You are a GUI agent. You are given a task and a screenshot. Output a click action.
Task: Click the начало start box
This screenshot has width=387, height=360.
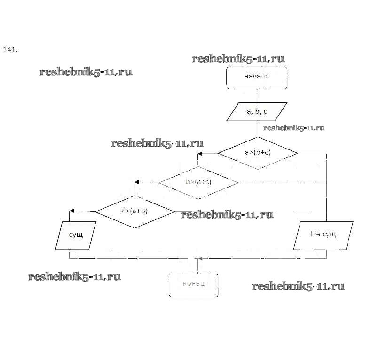pyautogui.click(x=257, y=78)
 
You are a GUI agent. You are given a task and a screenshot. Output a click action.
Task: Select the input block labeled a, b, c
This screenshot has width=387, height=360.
pyautogui.click(x=257, y=112)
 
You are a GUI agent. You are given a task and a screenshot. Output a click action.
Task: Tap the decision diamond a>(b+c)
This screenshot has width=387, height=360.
pyautogui.click(x=257, y=153)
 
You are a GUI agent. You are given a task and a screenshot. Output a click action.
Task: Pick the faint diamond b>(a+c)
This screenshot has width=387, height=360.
pyautogui.click(x=198, y=182)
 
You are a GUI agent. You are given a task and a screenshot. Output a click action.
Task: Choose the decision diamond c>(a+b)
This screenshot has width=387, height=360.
pyautogui.click(x=134, y=211)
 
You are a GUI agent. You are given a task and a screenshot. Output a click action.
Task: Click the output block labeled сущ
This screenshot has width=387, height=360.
pyautogui.click(x=76, y=235)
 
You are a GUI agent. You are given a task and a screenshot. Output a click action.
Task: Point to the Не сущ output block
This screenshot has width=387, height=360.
pyautogui.click(x=323, y=234)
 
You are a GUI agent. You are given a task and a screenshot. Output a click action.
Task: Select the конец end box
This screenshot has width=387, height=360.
pyautogui.click(x=194, y=285)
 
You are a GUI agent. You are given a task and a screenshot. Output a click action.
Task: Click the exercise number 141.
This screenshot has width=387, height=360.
pyautogui.click(x=10, y=49)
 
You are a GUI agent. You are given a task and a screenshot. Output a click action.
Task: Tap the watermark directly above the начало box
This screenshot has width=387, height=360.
pyautogui.click(x=238, y=59)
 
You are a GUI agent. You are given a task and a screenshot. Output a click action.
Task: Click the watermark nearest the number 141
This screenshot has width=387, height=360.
pyautogui.click(x=86, y=72)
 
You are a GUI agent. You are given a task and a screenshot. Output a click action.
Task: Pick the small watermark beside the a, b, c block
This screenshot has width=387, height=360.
pyautogui.click(x=294, y=128)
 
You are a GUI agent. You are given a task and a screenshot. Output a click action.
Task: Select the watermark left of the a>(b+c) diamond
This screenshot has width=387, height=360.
pyautogui.click(x=157, y=143)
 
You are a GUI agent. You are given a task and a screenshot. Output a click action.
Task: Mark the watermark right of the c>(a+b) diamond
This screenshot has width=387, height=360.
pyautogui.click(x=227, y=215)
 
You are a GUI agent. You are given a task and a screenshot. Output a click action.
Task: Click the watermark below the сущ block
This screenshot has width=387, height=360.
pyautogui.click(x=74, y=276)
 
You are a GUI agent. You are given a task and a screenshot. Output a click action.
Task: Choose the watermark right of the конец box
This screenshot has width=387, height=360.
pyautogui.click(x=298, y=286)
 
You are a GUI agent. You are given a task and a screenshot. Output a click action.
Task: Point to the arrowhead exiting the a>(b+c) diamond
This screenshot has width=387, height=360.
pyautogui.click(x=201, y=154)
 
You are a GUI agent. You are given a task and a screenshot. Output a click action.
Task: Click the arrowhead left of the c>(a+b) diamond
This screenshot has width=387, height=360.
pyautogui.click(x=72, y=211)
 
